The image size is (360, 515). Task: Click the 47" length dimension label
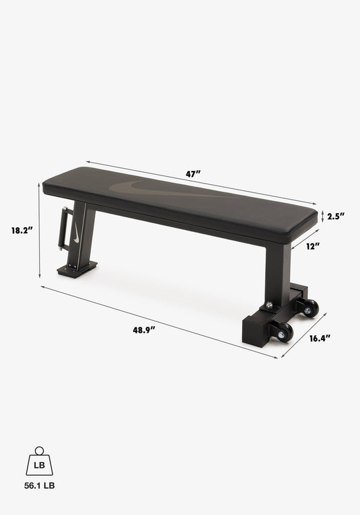tap(193, 174)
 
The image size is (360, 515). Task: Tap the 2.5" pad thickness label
tap(336, 216)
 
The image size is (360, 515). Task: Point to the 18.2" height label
tap(22, 230)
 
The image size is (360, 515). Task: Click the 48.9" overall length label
tap(143, 329)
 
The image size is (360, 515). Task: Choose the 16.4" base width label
tap(320, 338)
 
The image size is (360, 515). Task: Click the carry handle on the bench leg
tap(65, 228)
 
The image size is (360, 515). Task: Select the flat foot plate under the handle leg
tap(76, 270)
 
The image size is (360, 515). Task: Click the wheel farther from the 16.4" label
tap(310, 309)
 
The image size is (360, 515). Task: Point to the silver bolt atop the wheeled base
tap(269, 305)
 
